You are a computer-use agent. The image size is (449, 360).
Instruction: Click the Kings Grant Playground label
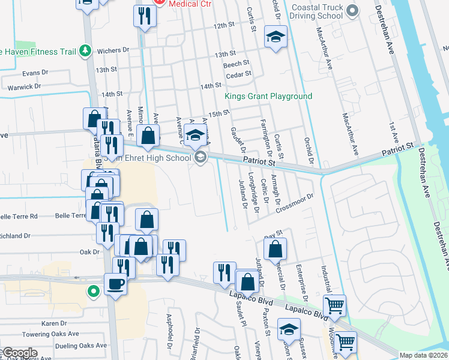[x=268, y=96]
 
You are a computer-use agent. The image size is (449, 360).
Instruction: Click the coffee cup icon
[x=115, y=284]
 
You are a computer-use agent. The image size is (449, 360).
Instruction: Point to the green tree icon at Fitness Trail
[x=85, y=51]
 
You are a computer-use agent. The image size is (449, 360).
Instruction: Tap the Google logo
[x=20, y=353]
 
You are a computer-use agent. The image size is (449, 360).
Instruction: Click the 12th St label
[x=222, y=25]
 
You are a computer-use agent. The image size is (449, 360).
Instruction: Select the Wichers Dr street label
[x=113, y=51]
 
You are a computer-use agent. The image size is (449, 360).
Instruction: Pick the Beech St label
[x=236, y=64]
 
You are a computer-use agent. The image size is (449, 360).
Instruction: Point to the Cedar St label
[x=238, y=75]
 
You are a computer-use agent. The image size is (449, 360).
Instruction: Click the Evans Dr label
[x=35, y=73]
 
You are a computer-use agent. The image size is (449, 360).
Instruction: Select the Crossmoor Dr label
[x=295, y=203]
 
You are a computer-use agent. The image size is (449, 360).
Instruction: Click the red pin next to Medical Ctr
[x=159, y=2]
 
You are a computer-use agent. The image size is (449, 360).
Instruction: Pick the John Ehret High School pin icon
[x=200, y=158]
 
